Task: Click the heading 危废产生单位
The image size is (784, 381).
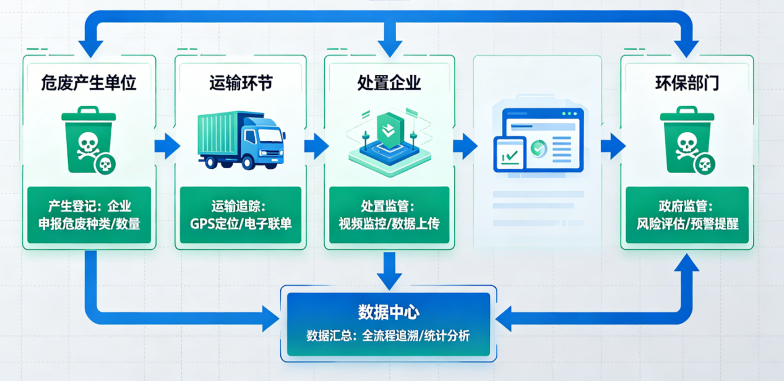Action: coord(88,83)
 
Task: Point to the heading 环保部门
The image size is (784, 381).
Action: coord(686,83)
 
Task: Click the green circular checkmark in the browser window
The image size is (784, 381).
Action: coord(538,148)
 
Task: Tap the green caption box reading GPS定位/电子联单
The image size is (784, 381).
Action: coord(241,216)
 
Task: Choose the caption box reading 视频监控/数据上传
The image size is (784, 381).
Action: coord(389,216)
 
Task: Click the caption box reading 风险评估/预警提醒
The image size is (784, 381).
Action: coord(686,216)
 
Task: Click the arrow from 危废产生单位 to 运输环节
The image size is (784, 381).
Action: coord(166,146)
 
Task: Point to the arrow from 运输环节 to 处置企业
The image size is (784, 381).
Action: coord(316,146)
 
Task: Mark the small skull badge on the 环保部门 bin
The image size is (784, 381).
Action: coord(704,165)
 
